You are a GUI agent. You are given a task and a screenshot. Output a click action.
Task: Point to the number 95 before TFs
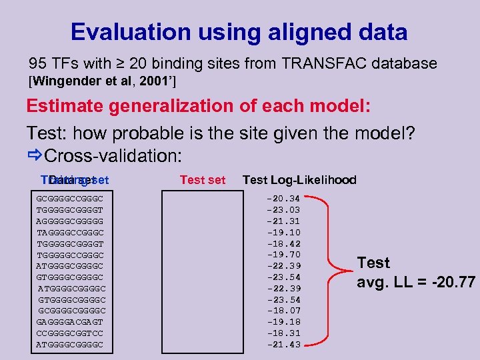(37, 64)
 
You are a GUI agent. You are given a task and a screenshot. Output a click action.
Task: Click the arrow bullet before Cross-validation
(35, 155)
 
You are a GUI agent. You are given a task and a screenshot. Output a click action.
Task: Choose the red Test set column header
(203, 180)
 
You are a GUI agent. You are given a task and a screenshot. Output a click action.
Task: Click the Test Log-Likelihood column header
(299, 180)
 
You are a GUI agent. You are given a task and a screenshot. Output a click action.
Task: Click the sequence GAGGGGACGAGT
(70, 322)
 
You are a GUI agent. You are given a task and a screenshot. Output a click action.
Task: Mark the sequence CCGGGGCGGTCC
(70, 333)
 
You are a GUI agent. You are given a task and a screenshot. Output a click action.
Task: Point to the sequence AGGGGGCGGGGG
(70, 221)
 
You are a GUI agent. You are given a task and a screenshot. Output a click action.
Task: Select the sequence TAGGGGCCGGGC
(70, 232)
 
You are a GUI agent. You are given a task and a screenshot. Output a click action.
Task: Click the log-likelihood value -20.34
(283, 198)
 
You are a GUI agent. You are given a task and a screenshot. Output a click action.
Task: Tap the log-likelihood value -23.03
(283, 209)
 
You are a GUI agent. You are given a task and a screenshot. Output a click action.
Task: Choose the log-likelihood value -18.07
(283, 311)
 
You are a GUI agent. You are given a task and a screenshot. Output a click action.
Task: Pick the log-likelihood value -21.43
(283, 345)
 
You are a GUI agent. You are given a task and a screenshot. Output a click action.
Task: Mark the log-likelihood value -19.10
(283, 232)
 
